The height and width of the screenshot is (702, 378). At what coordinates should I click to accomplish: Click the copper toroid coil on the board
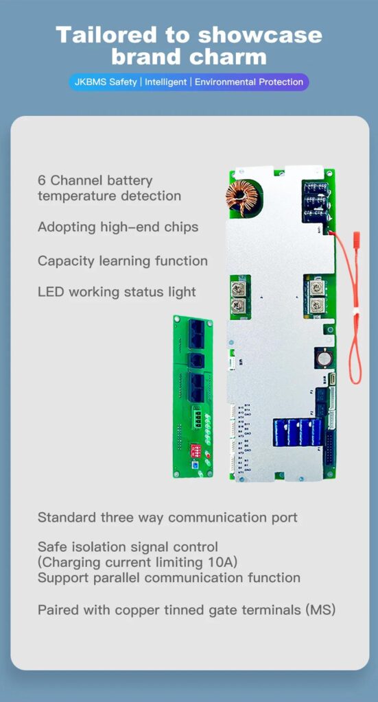pos(242,195)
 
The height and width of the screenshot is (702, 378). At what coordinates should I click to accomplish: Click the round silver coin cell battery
pos(323,356)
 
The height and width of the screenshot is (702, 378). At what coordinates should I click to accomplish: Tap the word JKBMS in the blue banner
pos(91,82)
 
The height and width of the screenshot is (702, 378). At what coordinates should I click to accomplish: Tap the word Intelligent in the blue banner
pos(166,82)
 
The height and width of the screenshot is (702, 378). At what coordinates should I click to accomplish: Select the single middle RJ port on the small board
pos(196,361)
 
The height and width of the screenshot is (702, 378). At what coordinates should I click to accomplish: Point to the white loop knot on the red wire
pos(355,311)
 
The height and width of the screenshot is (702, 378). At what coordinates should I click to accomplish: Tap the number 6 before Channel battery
pos(42,181)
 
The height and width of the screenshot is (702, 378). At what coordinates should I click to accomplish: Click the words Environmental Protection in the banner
pos(248,82)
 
